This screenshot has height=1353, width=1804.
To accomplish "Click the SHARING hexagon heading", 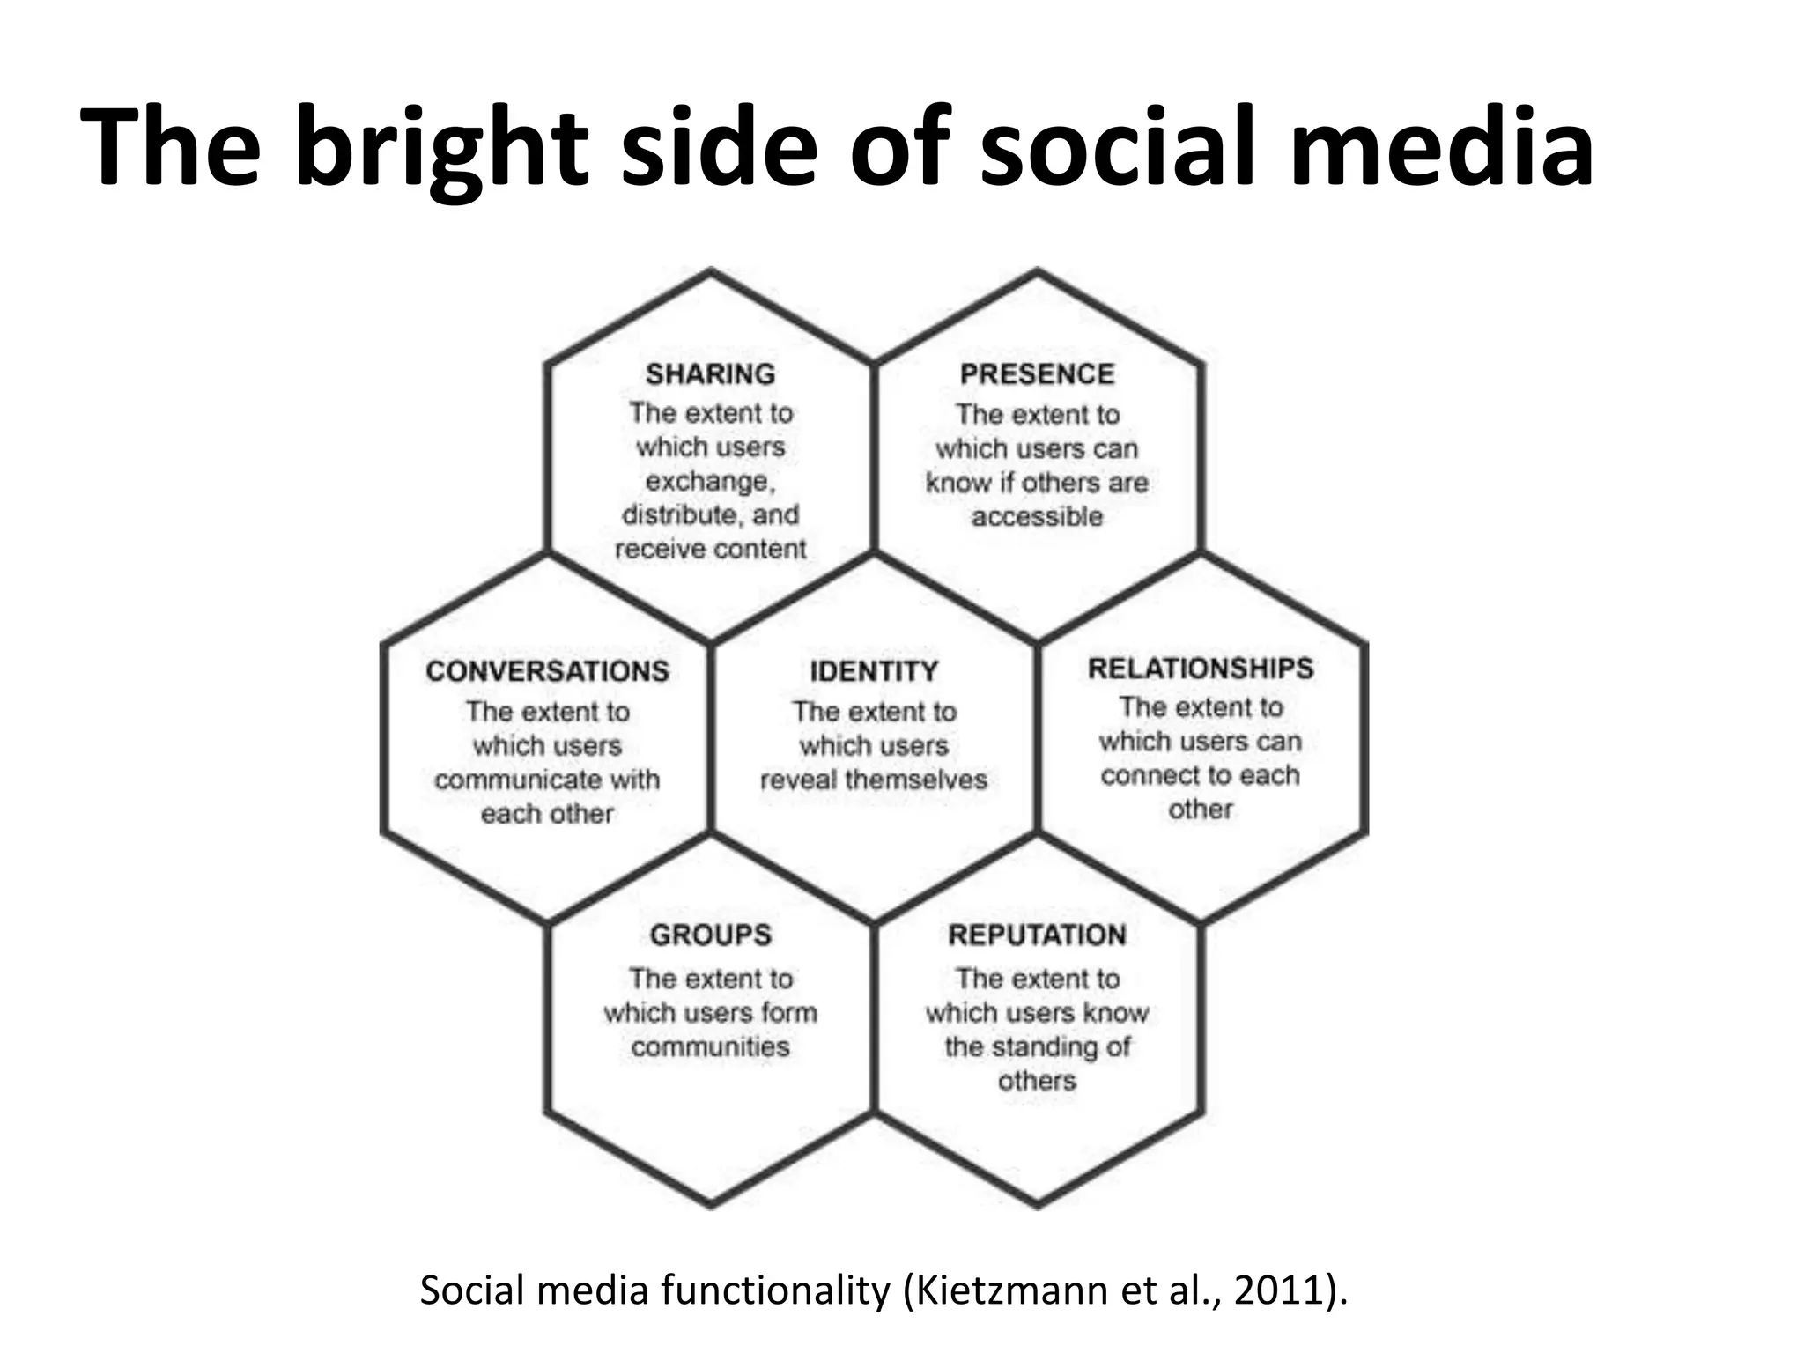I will (x=710, y=374).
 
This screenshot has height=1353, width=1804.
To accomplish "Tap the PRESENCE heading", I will (x=1037, y=374).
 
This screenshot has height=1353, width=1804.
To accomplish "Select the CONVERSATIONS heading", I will (x=547, y=671).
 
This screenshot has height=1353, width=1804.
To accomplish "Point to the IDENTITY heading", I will (x=874, y=671).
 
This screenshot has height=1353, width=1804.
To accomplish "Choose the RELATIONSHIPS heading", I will (x=1201, y=669).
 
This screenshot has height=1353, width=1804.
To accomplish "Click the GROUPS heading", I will (x=710, y=935).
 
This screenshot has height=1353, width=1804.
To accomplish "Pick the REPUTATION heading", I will (x=1037, y=935).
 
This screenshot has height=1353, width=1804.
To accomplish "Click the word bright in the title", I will (x=440, y=145).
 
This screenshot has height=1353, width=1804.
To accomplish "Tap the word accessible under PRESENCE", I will (x=1037, y=516).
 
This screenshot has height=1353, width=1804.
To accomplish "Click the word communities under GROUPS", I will (x=710, y=1046).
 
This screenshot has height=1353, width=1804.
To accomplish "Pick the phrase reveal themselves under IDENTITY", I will (x=874, y=780).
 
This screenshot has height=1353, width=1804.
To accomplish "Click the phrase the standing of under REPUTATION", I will (x=1037, y=1046).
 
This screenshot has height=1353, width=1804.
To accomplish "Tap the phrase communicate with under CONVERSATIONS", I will (x=547, y=780).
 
